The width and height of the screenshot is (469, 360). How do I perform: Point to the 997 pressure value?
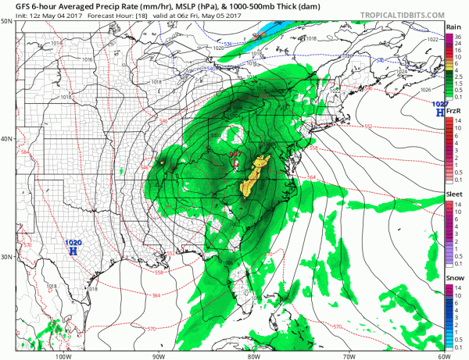[x=234, y=154]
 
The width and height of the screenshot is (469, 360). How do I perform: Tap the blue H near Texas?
[x=73, y=252]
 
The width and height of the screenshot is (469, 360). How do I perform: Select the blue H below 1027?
[x=439, y=114]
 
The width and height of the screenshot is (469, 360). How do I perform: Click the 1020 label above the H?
[x=73, y=243]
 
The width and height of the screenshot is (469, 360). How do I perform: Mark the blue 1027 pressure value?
[x=440, y=104]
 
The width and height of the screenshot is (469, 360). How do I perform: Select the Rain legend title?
[x=453, y=27]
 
